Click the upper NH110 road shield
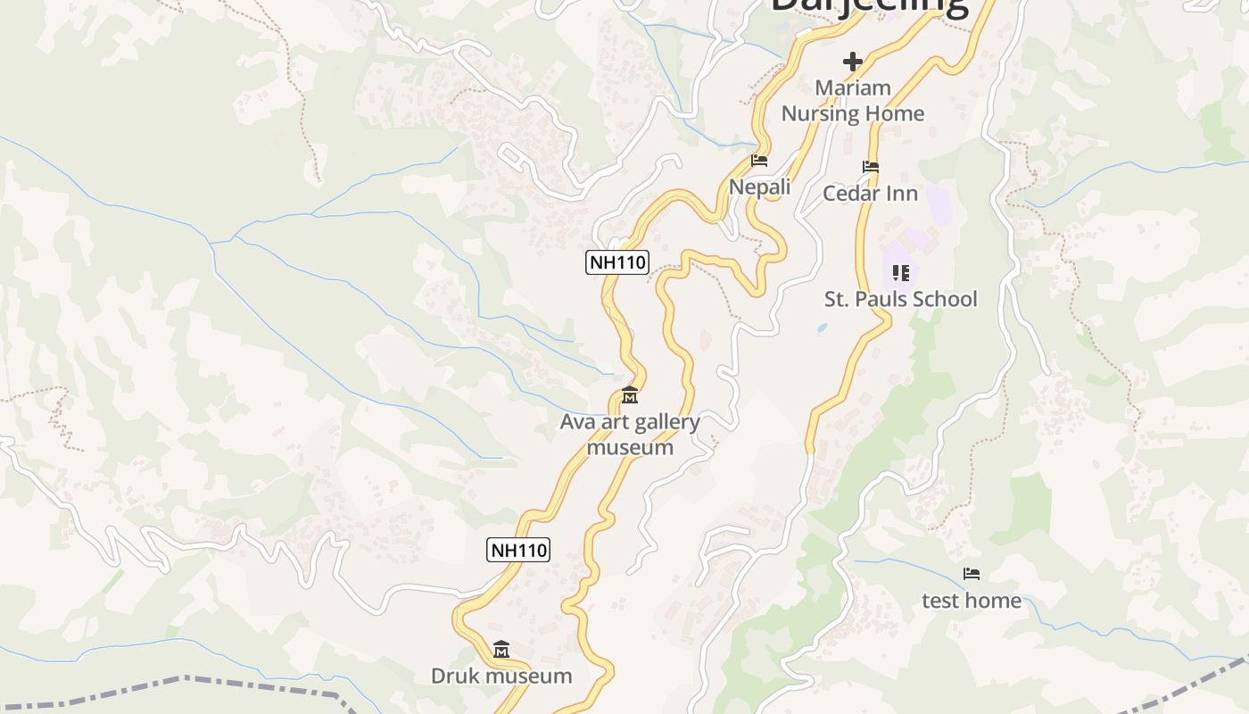point(617,262)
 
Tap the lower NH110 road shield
point(518,550)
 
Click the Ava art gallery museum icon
point(630,394)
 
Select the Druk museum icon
point(501,650)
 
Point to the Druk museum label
point(501,676)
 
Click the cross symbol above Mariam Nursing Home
point(853,62)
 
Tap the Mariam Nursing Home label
point(853,101)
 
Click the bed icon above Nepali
point(759,161)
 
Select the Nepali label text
point(760,187)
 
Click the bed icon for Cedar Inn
point(871,167)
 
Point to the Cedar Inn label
point(870,193)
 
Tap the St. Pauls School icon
point(901,272)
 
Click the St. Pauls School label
point(900,299)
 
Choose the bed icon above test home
point(972,574)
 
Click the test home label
point(972,601)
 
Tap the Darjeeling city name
point(870,5)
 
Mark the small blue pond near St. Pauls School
point(822,328)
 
